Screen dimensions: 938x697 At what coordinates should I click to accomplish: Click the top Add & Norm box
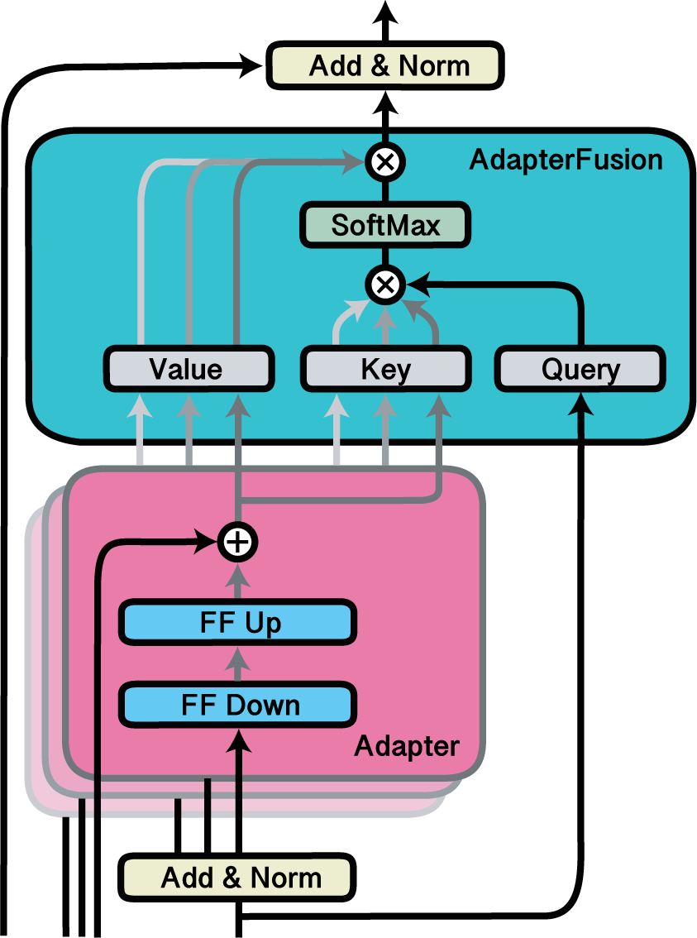click(385, 66)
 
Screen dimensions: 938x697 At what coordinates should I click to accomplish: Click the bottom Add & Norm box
click(236, 877)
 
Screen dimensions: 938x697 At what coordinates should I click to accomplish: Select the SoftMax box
click(385, 225)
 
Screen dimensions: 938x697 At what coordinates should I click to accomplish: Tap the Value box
click(188, 369)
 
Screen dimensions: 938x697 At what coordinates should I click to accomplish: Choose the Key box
click(385, 369)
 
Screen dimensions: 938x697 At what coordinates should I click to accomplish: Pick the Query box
click(580, 369)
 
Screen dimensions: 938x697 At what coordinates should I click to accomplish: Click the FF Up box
click(239, 623)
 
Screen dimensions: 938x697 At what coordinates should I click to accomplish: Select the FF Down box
click(239, 706)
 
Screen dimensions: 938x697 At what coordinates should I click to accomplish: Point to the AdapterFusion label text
click(566, 160)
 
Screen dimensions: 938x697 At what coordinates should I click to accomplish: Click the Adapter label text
click(406, 747)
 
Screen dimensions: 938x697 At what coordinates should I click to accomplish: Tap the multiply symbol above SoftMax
click(384, 162)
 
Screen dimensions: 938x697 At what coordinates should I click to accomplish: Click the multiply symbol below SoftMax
click(384, 285)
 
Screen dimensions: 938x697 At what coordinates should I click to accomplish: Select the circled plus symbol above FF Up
click(238, 543)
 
